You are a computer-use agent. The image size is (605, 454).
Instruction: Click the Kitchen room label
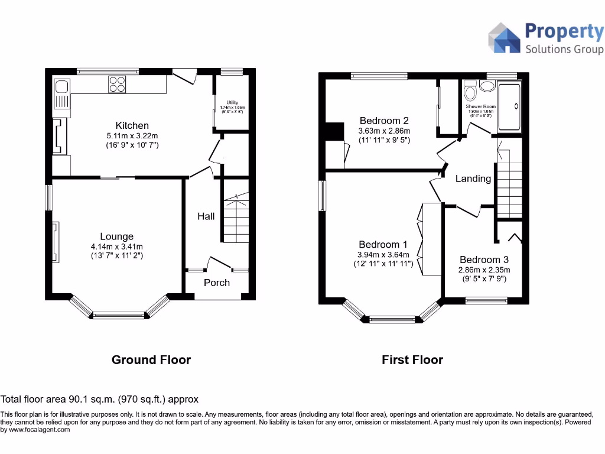[x=132, y=125]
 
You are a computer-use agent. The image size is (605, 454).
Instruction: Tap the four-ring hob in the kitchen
[x=117, y=85]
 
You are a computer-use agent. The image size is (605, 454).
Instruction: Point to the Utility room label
[x=227, y=102]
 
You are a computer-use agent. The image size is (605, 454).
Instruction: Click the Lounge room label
[x=116, y=236]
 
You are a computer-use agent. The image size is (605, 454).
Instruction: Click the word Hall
[x=206, y=216]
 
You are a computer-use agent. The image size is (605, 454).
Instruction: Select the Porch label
[x=216, y=283]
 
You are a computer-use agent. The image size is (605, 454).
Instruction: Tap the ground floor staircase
[x=236, y=219]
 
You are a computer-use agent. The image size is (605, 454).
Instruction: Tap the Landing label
[x=473, y=178]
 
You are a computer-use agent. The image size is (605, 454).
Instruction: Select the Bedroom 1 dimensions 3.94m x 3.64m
[x=383, y=255]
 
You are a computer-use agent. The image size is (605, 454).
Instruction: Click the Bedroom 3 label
[x=484, y=260]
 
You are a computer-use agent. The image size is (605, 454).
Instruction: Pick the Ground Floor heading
[x=151, y=359]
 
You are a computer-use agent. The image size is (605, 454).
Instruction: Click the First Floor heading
[x=412, y=359]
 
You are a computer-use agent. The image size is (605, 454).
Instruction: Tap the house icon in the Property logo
[x=503, y=38]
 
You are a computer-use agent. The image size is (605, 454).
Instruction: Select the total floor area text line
[x=99, y=399]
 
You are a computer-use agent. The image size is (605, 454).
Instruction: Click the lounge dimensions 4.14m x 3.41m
[x=116, y=247]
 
